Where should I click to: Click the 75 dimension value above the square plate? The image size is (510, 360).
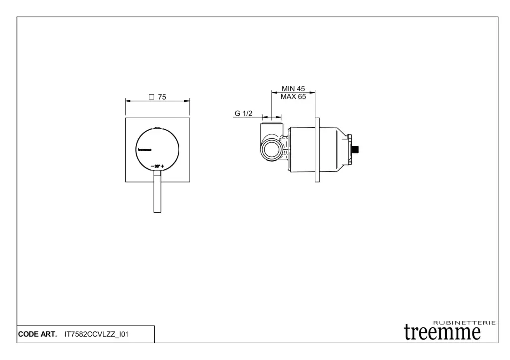click(162, 97)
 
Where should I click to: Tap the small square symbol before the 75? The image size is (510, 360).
click(151, 97)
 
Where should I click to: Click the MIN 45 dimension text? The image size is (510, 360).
click(293, 89)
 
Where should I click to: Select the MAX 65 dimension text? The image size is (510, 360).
click(293, 97)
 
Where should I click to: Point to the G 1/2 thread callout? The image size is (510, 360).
click(244, 114)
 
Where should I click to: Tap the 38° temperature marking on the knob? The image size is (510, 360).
click(157, 165)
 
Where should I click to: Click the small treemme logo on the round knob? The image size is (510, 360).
click(144, 148)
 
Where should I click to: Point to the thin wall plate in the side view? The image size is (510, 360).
click(317, 149)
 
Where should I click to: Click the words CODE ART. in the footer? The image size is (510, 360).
click(37, 334)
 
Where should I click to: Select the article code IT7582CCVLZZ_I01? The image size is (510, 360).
click(97, 334)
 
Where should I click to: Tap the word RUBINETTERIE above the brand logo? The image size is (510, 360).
click(465, 323)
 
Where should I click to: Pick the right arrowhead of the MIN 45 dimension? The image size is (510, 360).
click(313, 92)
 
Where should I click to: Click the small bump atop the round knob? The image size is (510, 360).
click(157, 128)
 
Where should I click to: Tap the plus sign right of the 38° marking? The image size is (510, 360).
click(163, 165)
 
